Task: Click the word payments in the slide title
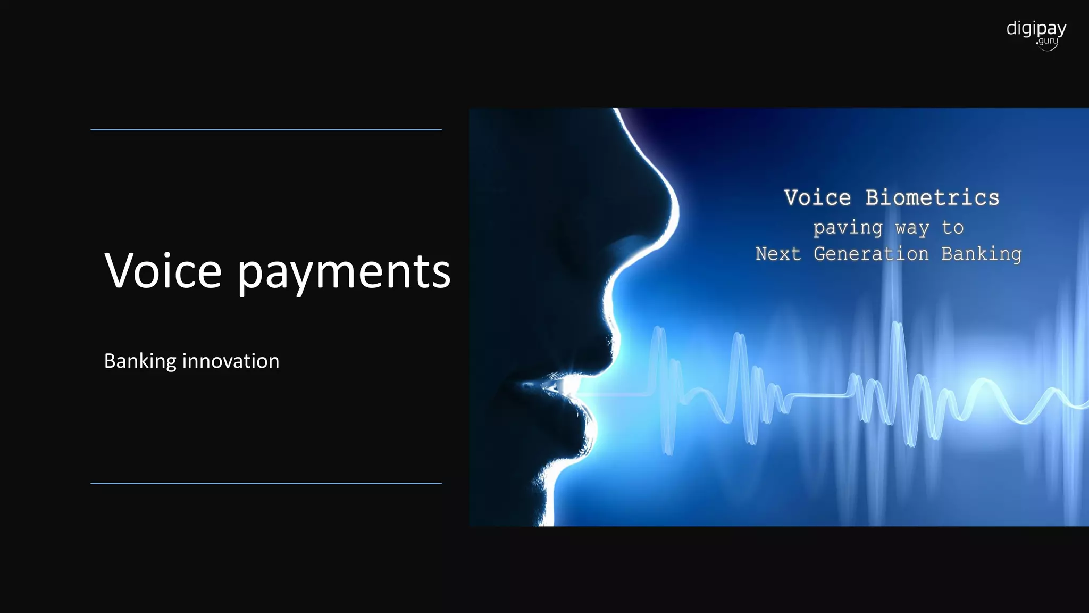pyautogui.click(x=344, y=272)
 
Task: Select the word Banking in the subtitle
pyautogui.click(x=140, y=361)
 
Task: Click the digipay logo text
pyautogui.click(x=1036, y=28)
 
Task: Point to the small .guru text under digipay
pyautogui.click(x=1048, y=41)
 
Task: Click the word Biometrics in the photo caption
pyautogui.click(x=932, y=198)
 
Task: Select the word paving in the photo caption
pyautogui.click(x=848, y=228)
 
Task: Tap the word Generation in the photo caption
pyautogui.click(x=871, y=254)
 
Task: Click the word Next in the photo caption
pyautogui.click(x=778, y=254)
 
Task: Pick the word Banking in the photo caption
pyautogui.click(x=981, y=254)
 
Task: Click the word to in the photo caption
pyautogui.click(x=952, y=228)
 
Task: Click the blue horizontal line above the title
pyautogui.click(x=266, y=129)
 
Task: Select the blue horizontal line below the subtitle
pyautogui.click(x=266, y=483)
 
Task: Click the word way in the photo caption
pyautogui.click(x=912, y=228)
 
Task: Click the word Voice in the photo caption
pyautogui.click(x=817, y=198)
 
